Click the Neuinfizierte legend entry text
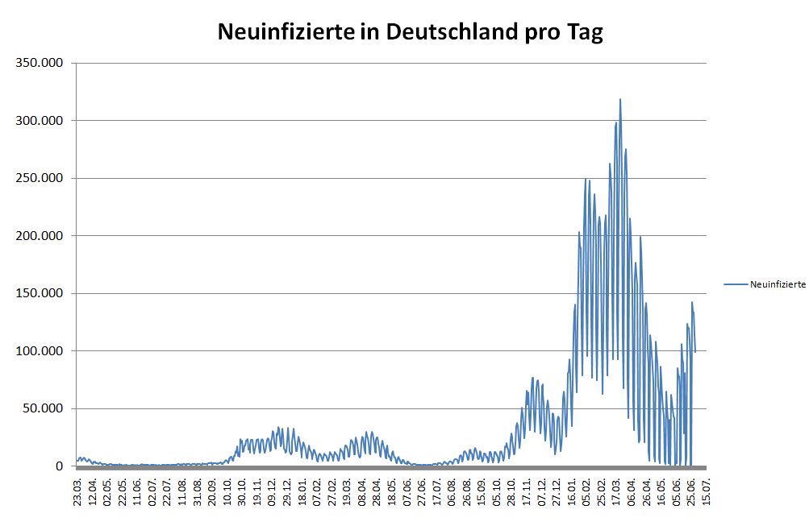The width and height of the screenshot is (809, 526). (x=778, y=284)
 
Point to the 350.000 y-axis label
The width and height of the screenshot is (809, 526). (x=39, y=63)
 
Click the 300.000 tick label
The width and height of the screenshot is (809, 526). (x=39, y=121)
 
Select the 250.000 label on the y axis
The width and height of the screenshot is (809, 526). (x=39, y=178)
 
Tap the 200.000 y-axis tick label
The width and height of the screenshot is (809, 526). (x=39, y=236)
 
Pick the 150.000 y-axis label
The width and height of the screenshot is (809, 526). (x=39, y=293)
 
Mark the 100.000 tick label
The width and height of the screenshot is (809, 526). (x=39, y=351)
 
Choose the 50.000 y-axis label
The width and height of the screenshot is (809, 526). (x=42, y=408)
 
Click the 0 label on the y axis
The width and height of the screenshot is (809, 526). (x=59, y=466)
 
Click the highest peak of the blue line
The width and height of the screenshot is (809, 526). (x=620, y=100)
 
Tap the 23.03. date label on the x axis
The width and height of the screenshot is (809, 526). (x=78, y=488)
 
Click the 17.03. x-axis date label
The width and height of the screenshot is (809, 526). (x=617, y=488)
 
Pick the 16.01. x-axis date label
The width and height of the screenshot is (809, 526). (x=572, y=488)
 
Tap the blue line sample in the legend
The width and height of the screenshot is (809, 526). (x=736, y=284)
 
